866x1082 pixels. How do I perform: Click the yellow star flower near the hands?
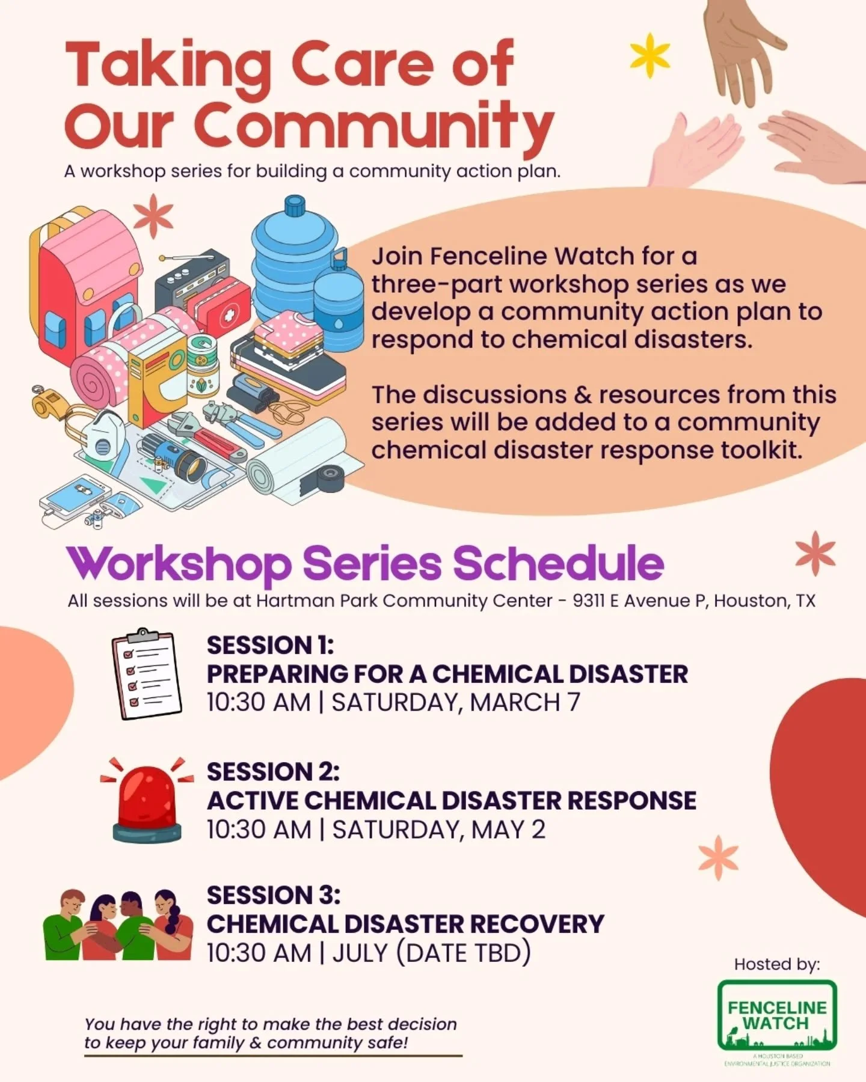[649, 56]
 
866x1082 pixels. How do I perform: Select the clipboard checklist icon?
[146, 674]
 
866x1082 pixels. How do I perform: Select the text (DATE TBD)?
[463, 953]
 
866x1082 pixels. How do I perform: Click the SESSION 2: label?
[273, 772]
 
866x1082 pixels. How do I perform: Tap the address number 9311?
[589, 601]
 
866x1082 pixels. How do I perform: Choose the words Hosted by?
[776, 964]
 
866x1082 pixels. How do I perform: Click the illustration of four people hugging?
[118, 926]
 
